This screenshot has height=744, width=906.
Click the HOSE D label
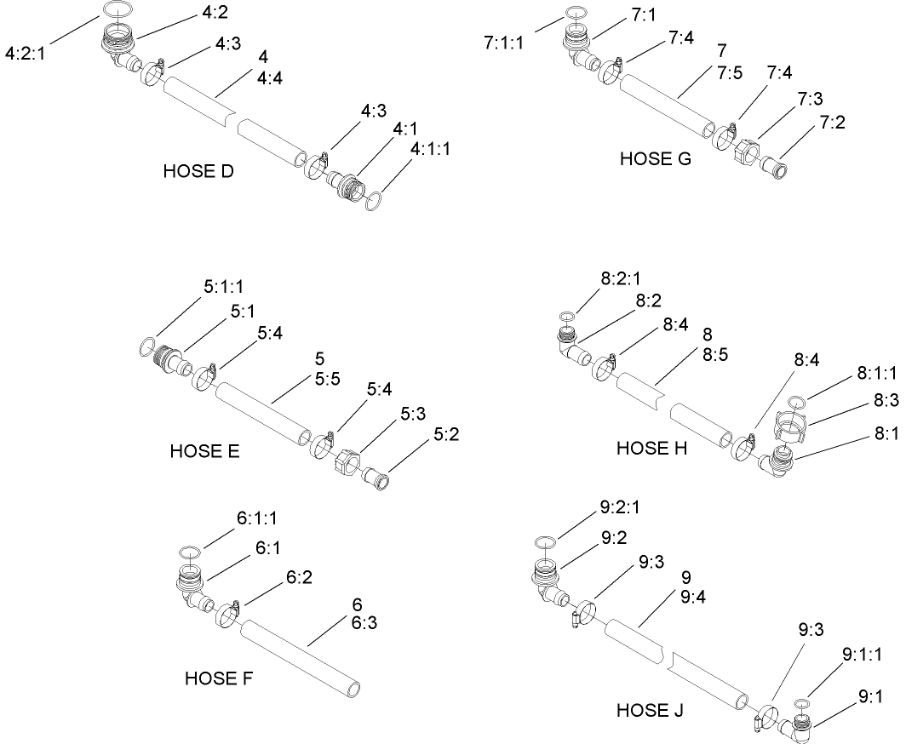198,172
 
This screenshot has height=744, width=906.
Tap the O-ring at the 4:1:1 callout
373,202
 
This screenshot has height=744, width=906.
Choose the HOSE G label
656,157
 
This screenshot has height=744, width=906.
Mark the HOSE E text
204,475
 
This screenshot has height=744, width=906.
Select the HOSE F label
220,678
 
